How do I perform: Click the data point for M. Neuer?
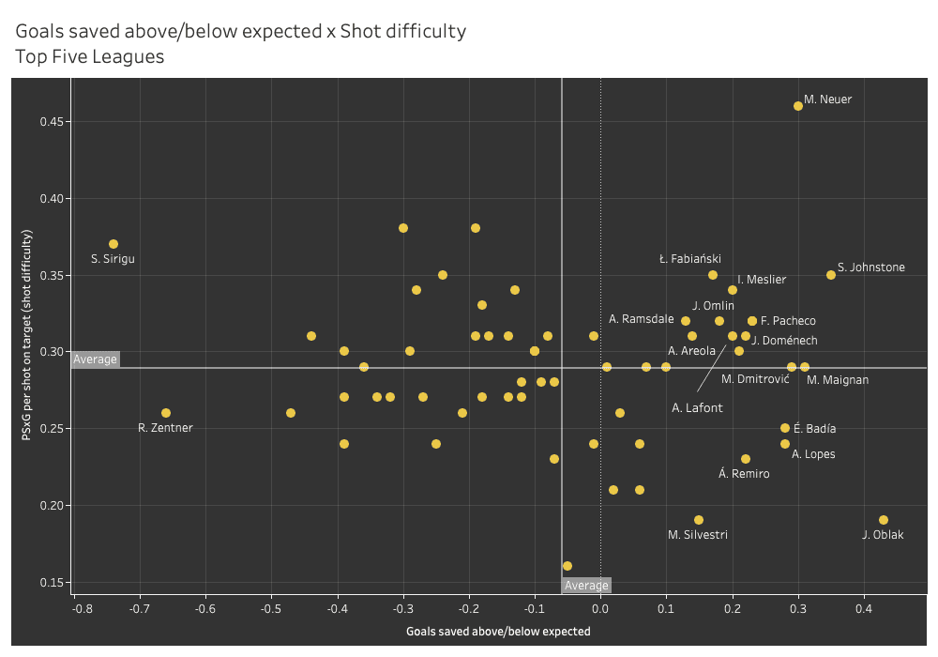798,106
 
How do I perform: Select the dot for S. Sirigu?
113,244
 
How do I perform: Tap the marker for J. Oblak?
884,520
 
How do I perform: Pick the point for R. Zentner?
166,413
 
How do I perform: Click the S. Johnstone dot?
831,275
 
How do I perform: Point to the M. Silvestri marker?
699,520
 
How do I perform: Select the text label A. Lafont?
697,408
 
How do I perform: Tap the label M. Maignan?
838,380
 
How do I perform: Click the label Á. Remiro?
744,474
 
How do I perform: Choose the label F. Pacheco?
788,321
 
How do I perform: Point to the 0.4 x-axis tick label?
864,608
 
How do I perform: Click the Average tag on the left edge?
95,359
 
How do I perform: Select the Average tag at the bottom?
586,586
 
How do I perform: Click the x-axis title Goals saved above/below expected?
498,632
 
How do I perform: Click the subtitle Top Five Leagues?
89,56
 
